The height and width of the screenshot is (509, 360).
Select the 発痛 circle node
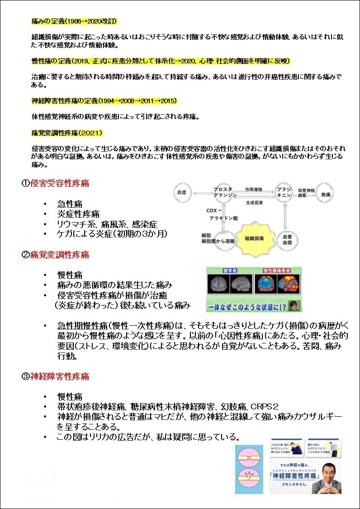[x=326, y=194]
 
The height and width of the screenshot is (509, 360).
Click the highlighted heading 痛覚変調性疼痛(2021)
[x=67, y=133]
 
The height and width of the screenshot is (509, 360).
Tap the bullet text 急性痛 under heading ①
[x=70, y=204]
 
